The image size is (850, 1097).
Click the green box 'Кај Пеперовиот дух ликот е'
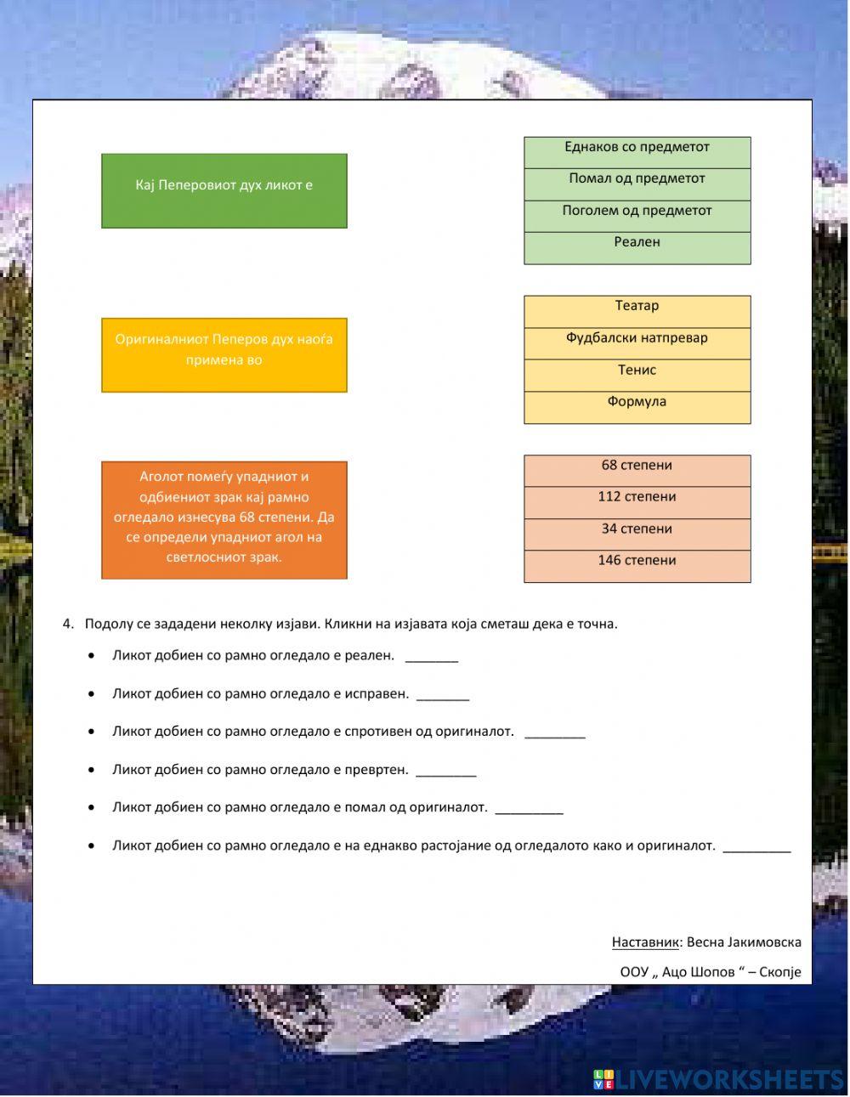point(224,191)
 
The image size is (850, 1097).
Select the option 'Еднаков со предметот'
point(637,153)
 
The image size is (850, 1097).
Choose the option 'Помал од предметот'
point(637,184)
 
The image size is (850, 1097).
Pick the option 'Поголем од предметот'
point(637,216)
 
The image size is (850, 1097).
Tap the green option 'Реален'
point(637,248)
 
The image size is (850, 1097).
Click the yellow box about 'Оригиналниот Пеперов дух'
point(224,355)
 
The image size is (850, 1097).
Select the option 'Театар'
point(637,312)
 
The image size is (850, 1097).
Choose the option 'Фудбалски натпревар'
point(637,343)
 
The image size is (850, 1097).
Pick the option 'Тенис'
point(637,376)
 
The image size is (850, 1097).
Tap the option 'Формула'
point(637,407)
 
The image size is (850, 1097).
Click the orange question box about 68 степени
point(224,520)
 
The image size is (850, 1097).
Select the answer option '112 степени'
point(637,502)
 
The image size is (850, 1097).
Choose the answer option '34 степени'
point(637,534)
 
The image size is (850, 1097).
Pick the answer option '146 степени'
point(637,566)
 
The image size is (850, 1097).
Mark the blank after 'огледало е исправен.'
point(443,695)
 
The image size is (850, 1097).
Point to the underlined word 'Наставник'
point(645,941)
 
